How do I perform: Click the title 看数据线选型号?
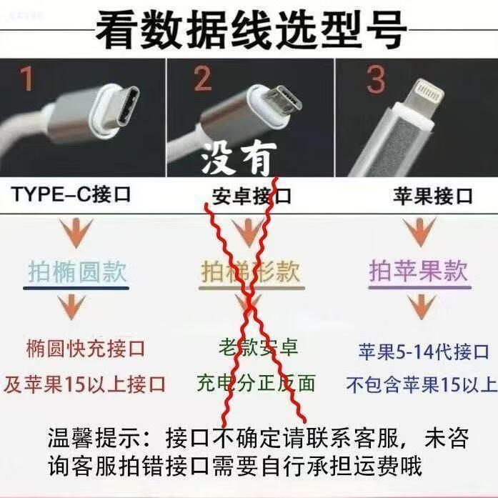(251, 30)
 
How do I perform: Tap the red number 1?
(26, 79)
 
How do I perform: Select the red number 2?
(202, 79)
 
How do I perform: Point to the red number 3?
(376, 79)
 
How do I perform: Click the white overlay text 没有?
(239, 158)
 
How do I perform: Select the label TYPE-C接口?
(71, 194)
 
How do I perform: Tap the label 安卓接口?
(252, 196)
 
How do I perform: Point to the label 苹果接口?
(433, 196)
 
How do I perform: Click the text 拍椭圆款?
(77, 272)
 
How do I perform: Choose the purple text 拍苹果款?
(419, 271)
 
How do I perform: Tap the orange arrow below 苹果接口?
(420, 231)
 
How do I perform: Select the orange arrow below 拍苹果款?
(422, 307)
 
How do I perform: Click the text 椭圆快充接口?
(86, 349)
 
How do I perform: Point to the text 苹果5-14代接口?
(424, 352)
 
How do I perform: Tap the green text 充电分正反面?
(256, 383)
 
